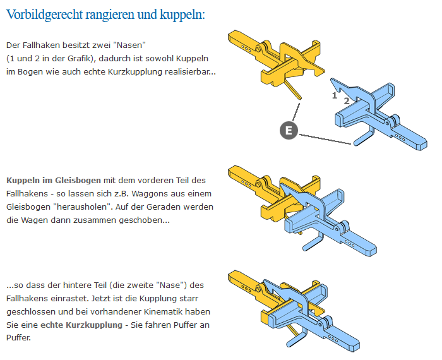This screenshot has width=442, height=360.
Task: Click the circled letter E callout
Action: tap(289, 130)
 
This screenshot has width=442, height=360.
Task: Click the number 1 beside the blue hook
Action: tap(335, 95)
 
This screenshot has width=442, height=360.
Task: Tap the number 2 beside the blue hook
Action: tap(347, 100)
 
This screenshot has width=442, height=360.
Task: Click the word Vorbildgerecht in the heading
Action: tap(45, 15)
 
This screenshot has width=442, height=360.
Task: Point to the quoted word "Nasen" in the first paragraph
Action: tap(131, 45)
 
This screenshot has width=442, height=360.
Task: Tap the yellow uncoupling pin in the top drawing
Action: tap(292, 89)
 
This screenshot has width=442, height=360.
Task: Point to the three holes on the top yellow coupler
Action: tap(246, 49)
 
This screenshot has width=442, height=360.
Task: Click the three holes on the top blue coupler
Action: tap(400, 137)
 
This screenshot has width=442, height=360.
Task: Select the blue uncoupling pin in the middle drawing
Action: tap(312, 243)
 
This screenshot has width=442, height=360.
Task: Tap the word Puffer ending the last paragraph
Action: tap(18, 337)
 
